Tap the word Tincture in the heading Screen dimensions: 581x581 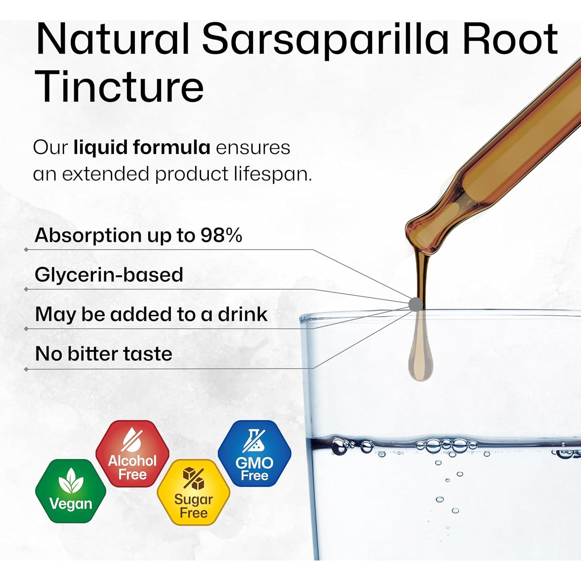[x=120, y=87]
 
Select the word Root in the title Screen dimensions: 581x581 [x=510, y=39]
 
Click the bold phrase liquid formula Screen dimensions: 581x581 [x=142, y=148]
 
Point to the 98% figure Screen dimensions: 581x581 [x=221, y=235]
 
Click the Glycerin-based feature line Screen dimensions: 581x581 [x=109, y=275]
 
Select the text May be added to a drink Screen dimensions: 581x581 [x=151, y=314]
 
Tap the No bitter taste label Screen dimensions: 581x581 [x=103, y=354]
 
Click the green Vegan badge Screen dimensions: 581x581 [x=71, y=491]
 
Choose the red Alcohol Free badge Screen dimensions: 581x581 [x=132, y=454]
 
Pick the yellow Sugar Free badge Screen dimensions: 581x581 [x=194, y=492]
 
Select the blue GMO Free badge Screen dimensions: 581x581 [x=254, y=454]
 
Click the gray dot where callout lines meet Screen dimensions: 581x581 [x=416, y=304]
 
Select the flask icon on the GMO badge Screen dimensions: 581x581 [x=254, y=441]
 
